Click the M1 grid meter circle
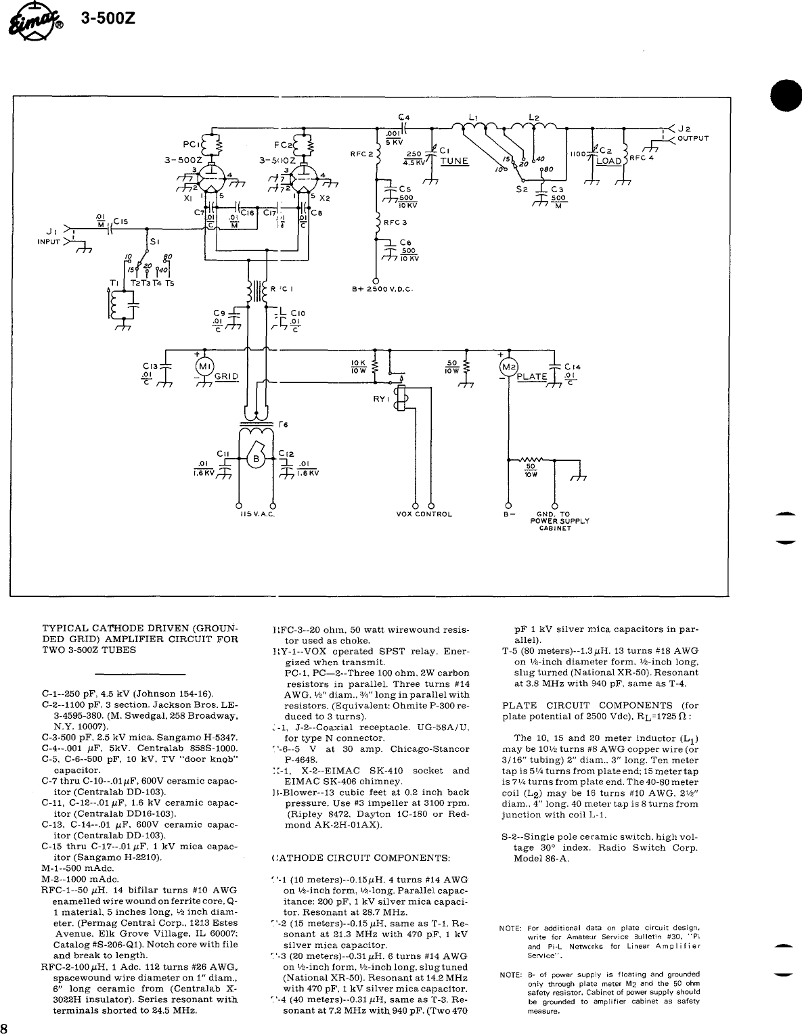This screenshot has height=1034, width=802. point(204,367)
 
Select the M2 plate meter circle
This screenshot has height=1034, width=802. point(508,367)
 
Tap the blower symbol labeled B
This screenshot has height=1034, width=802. point(257,459)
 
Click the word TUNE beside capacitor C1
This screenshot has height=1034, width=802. point(454,161)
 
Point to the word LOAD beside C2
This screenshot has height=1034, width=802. point(608,161)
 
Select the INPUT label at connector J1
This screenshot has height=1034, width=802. point(49,240)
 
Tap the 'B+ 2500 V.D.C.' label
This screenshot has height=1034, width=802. point(383,289)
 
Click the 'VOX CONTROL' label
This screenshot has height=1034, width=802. point(424,514)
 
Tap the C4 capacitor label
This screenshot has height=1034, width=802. point(404,116)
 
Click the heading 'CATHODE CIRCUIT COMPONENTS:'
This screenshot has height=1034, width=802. point(360,857)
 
